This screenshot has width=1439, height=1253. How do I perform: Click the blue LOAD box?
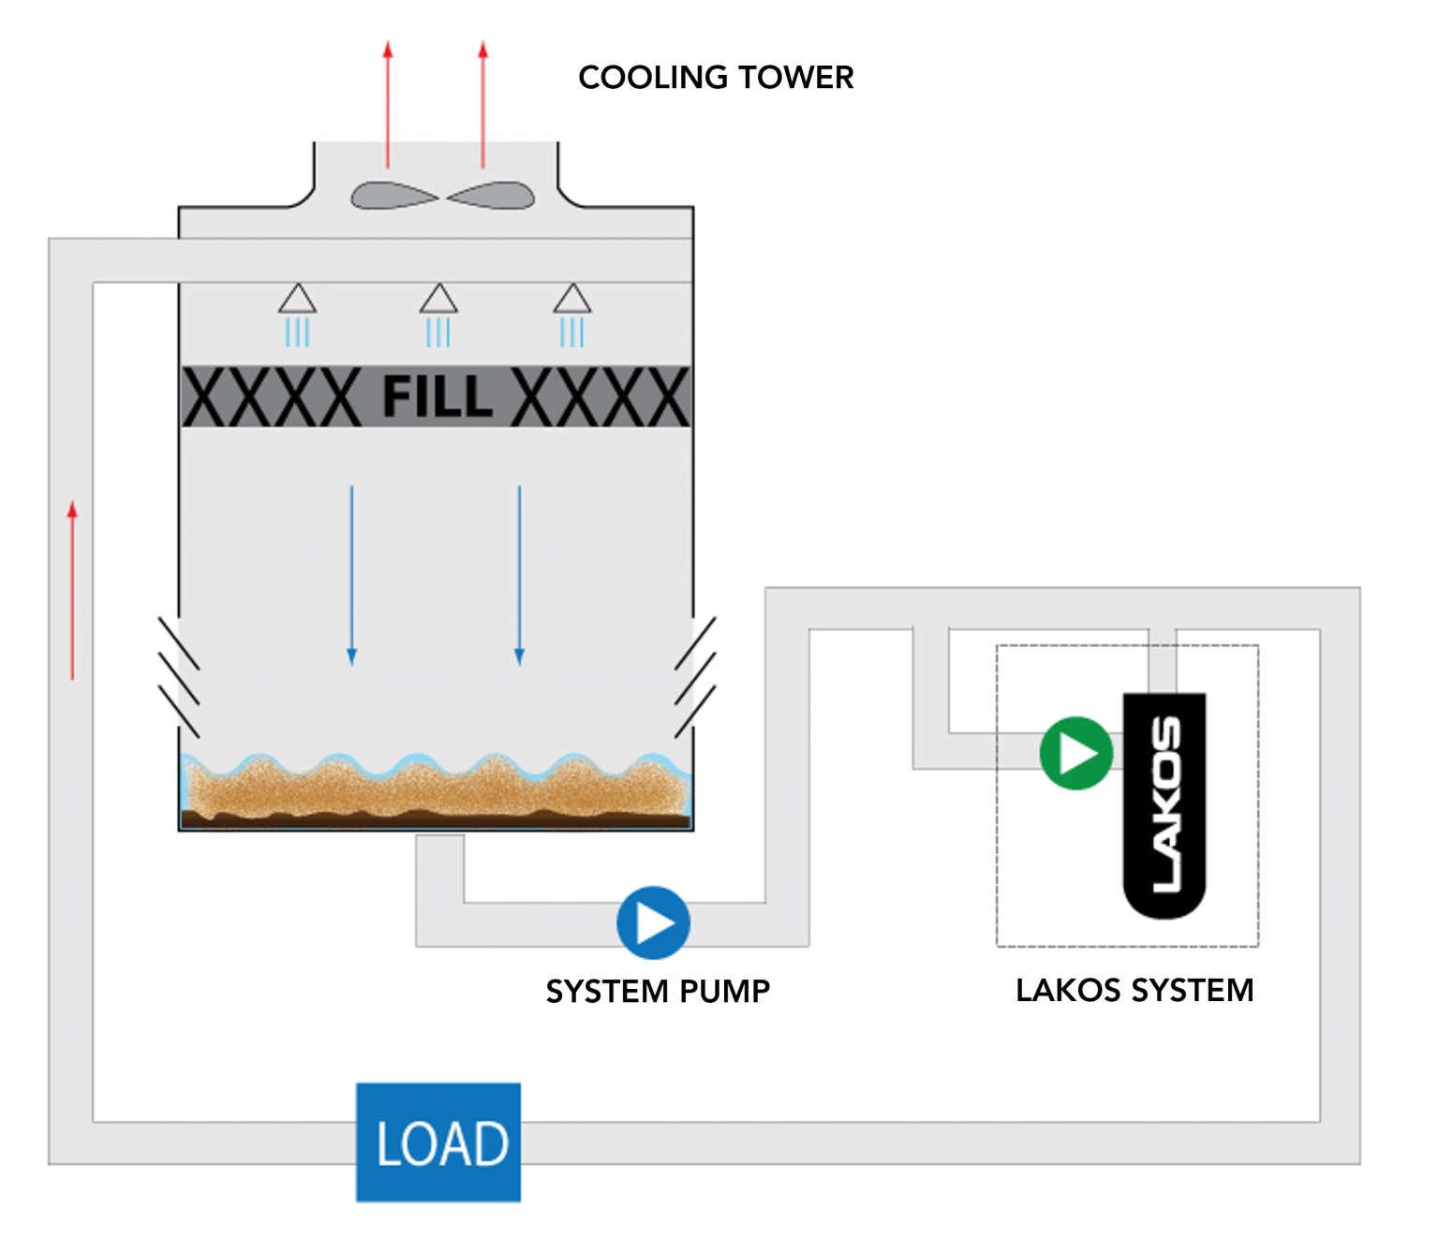(438, 1142)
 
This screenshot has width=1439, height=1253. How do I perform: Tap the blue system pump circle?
(653, 922)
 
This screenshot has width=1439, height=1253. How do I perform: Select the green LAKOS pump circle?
(1076, 753)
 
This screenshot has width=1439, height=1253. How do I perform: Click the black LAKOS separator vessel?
(1165, 805)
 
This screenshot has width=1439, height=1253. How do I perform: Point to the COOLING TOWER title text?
(716, 77)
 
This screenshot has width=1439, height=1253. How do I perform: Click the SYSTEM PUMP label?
(658, 991)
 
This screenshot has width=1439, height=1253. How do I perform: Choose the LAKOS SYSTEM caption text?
(1134, 990)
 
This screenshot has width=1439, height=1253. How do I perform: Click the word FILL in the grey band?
(437, 396)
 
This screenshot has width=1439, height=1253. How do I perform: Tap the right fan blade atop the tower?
(492, 196)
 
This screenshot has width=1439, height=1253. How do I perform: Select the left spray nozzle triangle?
(297, 300)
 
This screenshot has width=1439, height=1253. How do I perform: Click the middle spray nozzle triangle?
(438, 300)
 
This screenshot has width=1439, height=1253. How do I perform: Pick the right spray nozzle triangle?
(571, 300)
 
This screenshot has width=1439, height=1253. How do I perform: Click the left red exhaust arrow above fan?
(388, 103)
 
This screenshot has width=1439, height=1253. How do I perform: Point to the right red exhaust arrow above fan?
(483, 103)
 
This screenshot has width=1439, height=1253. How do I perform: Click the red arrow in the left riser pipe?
(72, 590)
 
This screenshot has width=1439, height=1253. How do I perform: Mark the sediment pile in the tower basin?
(436, 791)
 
